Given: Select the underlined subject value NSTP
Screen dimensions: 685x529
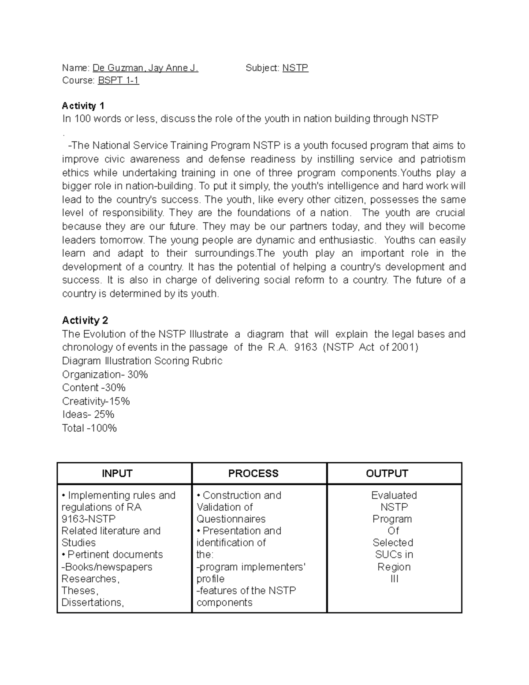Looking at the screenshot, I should tap(295, 68).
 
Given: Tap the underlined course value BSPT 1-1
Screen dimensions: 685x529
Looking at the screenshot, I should tap(118, 81).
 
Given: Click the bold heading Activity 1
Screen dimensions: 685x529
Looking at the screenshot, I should tap(83, 106).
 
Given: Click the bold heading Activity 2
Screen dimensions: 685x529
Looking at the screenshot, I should tap(85, 320).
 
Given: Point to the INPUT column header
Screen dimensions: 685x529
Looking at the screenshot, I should tap(117, 473).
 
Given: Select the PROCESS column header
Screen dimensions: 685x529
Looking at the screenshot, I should tap(253, 473).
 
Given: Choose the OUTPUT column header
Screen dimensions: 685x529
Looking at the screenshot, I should tap(387, 473).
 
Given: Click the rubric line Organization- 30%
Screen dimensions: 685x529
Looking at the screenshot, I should tap(105, 374).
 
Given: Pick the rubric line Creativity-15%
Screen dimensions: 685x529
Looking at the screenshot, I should tap(96, 401).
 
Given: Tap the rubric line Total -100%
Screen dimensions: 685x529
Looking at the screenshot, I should tap(89, 428).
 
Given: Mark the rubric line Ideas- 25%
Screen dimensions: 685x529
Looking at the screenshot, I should tap(88, 415).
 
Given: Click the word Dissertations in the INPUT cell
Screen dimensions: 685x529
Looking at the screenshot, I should tap(92, 603).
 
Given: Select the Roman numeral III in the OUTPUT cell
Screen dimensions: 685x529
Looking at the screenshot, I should tap(394, 579).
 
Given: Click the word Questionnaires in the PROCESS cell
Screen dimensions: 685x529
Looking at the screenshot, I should tap(231, 519).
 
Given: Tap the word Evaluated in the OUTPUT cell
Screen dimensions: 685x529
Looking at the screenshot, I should tap(394, 495).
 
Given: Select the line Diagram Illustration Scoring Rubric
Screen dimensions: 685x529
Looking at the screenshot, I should tap(142, 361).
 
